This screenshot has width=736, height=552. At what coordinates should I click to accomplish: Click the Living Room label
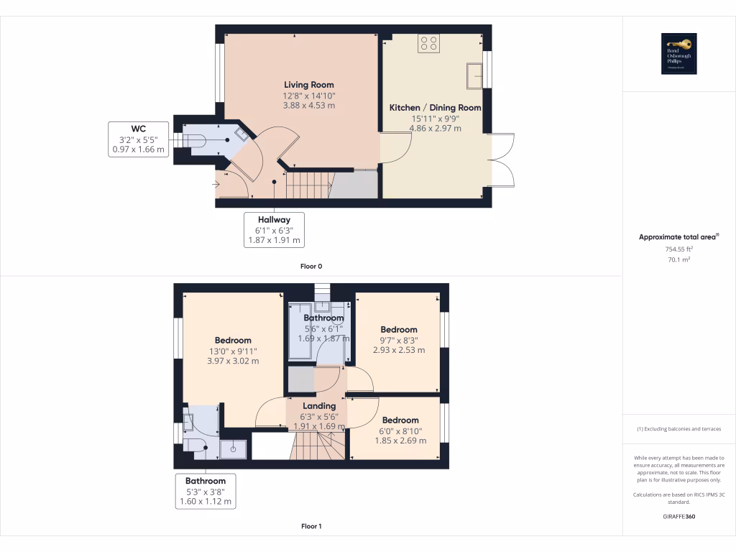(309, 85)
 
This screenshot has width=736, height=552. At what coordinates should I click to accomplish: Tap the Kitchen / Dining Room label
(435, 108)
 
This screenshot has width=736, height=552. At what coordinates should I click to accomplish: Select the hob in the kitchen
(429, 43)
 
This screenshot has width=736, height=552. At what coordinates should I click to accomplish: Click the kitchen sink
(474, 75)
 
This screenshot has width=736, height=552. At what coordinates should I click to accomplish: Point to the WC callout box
(139, 139)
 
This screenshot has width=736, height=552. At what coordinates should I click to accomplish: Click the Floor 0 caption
(311, 267)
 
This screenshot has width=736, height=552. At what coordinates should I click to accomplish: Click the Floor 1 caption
(311, 526)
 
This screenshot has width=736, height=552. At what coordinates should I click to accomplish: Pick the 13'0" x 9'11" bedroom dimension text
(232, 356)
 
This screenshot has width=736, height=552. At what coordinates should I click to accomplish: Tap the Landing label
(319, 406)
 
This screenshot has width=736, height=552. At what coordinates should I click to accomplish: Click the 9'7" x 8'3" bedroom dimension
(399, 345)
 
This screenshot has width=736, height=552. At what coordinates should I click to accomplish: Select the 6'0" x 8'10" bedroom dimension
(400, 436)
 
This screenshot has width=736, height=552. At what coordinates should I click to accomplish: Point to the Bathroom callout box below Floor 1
(206, 491)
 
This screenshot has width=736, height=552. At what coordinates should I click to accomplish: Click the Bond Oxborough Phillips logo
(679, 54)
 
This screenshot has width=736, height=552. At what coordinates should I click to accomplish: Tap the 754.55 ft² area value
(678, 249)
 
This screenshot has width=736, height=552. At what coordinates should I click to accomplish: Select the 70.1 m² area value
(678, 259)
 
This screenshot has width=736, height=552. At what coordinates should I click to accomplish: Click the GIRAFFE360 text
(678, 516)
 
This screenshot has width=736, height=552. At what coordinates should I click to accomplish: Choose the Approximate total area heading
(678, 236)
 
